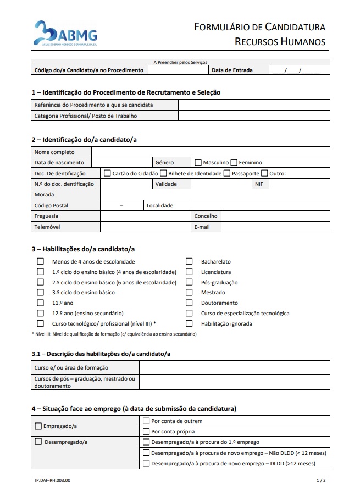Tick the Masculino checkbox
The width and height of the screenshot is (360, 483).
198,162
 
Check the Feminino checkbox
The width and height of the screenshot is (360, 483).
234,162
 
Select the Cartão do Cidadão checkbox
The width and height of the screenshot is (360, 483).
107,173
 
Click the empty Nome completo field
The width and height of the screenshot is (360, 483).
211,152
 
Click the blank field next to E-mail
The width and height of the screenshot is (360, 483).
275,227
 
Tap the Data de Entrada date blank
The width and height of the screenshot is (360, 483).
300,70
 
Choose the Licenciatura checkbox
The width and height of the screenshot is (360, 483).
189,272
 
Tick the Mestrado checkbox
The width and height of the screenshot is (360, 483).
189,293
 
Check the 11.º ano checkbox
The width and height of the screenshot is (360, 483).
40,303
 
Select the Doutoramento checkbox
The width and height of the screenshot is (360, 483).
189,303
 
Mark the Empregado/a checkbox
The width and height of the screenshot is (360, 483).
38,426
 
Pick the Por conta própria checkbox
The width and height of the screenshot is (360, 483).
146,431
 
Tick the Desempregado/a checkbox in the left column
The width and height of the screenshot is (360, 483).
38,442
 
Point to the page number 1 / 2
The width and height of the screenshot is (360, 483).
322,480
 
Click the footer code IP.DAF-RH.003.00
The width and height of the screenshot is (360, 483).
53,480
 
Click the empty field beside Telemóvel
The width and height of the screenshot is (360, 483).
145,227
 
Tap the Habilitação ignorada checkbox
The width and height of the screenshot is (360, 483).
189,323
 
